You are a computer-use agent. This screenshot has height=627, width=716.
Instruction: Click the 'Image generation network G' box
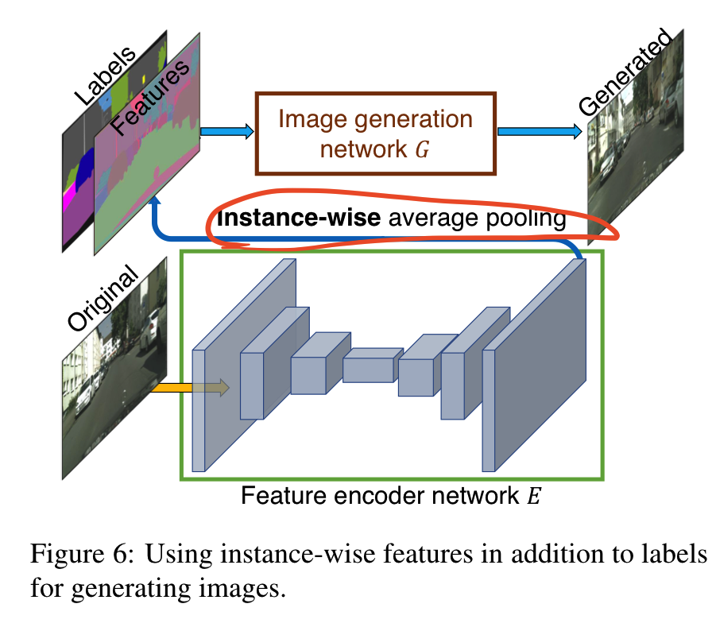(x=375, y=133)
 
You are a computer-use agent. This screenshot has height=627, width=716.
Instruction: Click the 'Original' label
(x=103, y=299)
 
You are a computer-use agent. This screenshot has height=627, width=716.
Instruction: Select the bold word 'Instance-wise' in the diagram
(x=298, y=219)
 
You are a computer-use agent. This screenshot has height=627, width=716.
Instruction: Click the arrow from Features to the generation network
(x=226, y=132)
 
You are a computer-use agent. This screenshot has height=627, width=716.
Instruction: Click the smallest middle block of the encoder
(x=369, y=369)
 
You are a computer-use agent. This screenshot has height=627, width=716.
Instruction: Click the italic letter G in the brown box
(x=424, y=149)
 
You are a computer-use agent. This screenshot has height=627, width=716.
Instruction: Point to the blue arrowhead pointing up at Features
(x=157, y=204)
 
